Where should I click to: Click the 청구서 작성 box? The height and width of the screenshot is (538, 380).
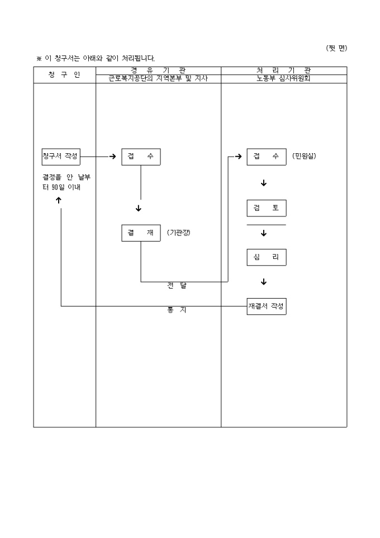click(x=60, y=157)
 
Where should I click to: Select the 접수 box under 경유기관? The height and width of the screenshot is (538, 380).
click(x=141, y=157)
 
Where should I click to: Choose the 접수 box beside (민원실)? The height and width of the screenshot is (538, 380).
click(x=267, y=157)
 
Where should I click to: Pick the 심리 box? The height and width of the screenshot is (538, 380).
click(x=267, y=257)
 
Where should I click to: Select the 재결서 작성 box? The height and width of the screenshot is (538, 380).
click(x=267, y=306)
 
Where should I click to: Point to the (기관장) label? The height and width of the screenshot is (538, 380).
click(x=178, y=233)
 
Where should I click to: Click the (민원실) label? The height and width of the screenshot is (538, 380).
click(x=304, y=157)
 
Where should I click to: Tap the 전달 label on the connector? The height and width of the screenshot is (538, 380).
click(x=177, y=286)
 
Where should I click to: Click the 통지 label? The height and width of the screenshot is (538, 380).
click(x=177, y=310)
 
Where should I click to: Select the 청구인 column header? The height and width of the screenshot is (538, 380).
click(x=64, y=75)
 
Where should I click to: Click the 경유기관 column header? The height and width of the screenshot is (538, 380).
click(x=158, y=70)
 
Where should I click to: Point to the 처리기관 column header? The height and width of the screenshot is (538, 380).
click(x=283, y=70)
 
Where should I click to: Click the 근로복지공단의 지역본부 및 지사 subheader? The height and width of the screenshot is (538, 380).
click(x=158, y=79)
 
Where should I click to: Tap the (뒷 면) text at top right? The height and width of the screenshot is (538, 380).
click(x=336, y=48)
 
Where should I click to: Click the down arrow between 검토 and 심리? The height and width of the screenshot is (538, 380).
click(x=264, y=233)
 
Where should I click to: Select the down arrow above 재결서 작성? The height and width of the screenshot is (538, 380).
click(x=264, y=282)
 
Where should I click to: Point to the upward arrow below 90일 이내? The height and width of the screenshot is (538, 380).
click(x=59, y=201)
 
